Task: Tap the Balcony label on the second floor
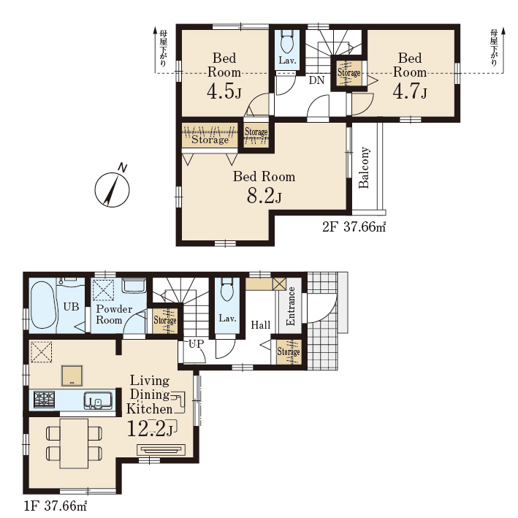coord(364,167)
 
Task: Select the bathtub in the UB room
coord(43,305)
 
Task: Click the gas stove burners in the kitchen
coord(45,399)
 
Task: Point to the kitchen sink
coord(98,400)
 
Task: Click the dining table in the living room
coord(74,443)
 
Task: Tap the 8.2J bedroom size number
coord(264,197)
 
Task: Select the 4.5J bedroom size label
coord(224,91)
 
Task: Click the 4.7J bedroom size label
coord(410,91)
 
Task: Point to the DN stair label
coord(316,80)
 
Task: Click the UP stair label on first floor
coord(197,344)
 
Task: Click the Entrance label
coord(290,306)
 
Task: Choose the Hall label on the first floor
coord(261,325)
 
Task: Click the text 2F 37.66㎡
coord(354,227)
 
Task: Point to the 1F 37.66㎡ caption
coord(56,506)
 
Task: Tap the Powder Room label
coord(114,314)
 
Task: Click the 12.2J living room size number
coord(150,429)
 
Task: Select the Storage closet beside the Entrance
coord(289,352)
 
